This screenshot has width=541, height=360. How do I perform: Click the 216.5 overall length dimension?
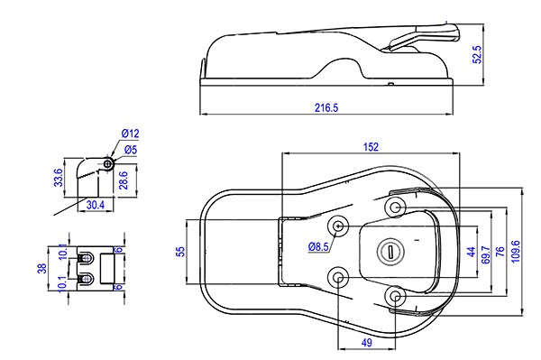[x=326, y=107]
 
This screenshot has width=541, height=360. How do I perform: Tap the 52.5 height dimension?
[x=477, y=54]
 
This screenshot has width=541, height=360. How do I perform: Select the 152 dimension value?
[x=371, y=147]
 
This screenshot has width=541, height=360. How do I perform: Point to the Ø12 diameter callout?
[x=130, y=134]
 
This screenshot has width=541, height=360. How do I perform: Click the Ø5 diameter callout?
[x=131, y=150]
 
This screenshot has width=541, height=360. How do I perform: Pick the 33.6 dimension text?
[x=59, y=178]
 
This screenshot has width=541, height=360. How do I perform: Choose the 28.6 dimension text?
[x=124, y=180]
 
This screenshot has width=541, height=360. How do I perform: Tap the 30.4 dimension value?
[x=96, y=205]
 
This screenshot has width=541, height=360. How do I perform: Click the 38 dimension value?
[x=41, y=268]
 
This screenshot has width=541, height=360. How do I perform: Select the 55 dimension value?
[x=180, y=252]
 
